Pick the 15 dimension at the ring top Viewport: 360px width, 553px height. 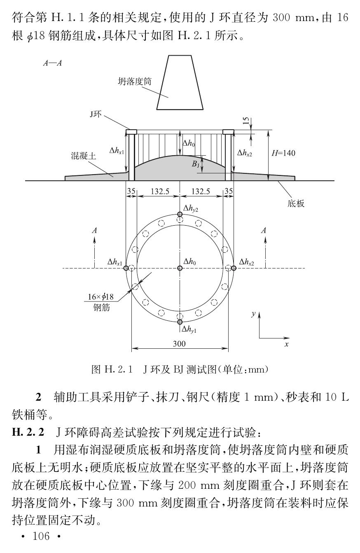click(x=245, y=121)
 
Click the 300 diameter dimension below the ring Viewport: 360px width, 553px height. click(x=179, y=343)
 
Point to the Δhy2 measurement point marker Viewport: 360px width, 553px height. click(x=180, y=214)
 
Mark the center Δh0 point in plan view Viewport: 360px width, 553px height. click(x=180, y=268)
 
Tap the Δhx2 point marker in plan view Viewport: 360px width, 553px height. click(x=234, y=268)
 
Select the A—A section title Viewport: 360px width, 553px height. click(x=52, y=64)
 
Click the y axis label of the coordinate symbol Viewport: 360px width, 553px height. click(x=253, y=314)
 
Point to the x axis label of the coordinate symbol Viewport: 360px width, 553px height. click(x=286, y=344)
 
